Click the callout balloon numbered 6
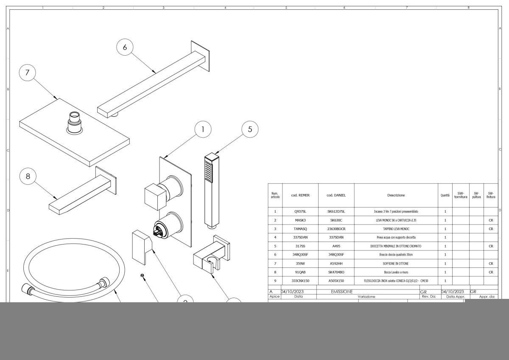[125, 47]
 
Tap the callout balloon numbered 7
[28, 73]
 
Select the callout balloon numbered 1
[203, 129]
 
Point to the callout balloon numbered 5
[250, 129]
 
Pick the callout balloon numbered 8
[28, 177]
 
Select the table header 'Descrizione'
[396, 195]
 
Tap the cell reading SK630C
[336, 220]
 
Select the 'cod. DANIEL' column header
[336, 195]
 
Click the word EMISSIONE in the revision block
[342, 292]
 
